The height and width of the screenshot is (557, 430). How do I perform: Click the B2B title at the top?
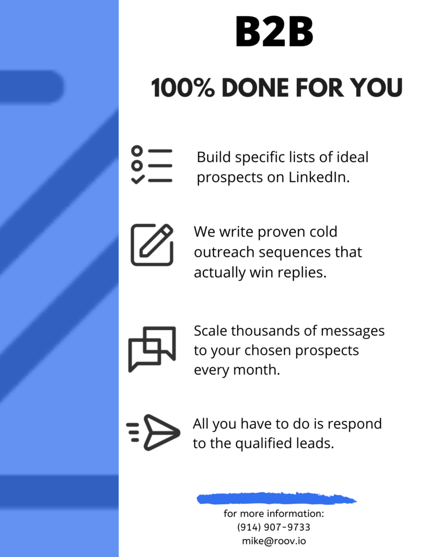tap(274, 32)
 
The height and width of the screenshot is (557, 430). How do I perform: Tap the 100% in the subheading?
tap(183, 88)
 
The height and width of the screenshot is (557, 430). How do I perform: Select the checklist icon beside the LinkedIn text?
tap(152, 165)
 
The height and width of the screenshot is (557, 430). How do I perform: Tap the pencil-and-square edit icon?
tap(152, 245)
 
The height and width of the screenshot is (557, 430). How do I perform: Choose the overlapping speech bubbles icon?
tap(152, 349)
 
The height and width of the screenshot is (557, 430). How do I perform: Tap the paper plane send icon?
tap(153, 432)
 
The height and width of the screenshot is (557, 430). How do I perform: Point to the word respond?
tap(354, 424)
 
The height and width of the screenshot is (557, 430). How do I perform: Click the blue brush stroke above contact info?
tap(276, 498)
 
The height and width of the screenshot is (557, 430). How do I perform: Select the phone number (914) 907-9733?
tap(274, 527)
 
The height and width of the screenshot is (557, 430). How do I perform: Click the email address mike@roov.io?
tap(274, 541)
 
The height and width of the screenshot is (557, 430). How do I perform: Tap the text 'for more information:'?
tap(274, 513)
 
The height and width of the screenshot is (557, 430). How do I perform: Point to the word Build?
tap(214, 157)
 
